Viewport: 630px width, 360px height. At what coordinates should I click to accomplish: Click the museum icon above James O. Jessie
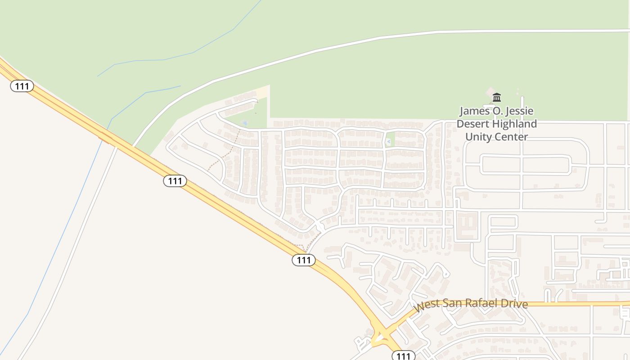click(497, 97)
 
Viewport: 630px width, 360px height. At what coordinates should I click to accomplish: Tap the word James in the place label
click(475, 111)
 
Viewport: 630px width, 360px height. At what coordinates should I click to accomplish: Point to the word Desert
click(473, 124)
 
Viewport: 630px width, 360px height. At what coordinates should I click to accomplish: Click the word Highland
click(515, 124)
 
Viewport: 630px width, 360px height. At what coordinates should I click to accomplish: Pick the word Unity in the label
click(478, 137)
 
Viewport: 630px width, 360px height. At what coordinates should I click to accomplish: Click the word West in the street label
click(427, 306)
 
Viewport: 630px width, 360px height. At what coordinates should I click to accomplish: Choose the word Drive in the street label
click(515, 304)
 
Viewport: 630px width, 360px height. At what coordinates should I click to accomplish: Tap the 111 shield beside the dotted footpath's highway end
click(304, 260)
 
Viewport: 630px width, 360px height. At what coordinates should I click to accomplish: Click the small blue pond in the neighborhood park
click(245, 123)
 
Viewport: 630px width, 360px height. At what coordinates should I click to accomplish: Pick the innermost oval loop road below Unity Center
click(526, 164)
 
